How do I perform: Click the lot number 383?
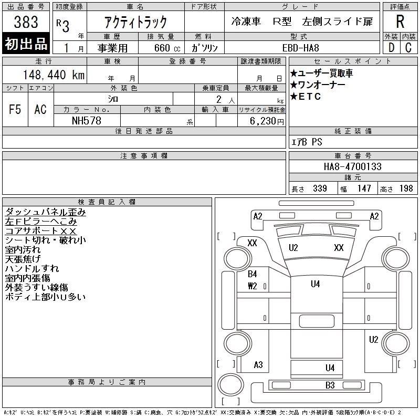coord(26,22)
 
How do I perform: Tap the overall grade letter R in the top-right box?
coord(400,22)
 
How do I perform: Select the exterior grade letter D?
coord(391,47)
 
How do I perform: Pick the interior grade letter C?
coord(408,47)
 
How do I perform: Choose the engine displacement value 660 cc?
coord(161,48)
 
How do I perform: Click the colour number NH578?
coord(87,120)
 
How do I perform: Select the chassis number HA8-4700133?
coord(352,166)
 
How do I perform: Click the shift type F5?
coord(15,109)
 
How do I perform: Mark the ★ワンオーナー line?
coord(318,85)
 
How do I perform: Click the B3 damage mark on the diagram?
coord(330,385)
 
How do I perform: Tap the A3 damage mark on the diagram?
coord(258,365)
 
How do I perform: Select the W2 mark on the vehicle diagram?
coord(253,286)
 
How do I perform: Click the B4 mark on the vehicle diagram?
coord(253,274)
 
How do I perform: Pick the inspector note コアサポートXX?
coord(41,231)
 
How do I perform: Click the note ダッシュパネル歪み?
coord(45,212)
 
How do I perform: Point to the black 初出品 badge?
coord(26,44)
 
